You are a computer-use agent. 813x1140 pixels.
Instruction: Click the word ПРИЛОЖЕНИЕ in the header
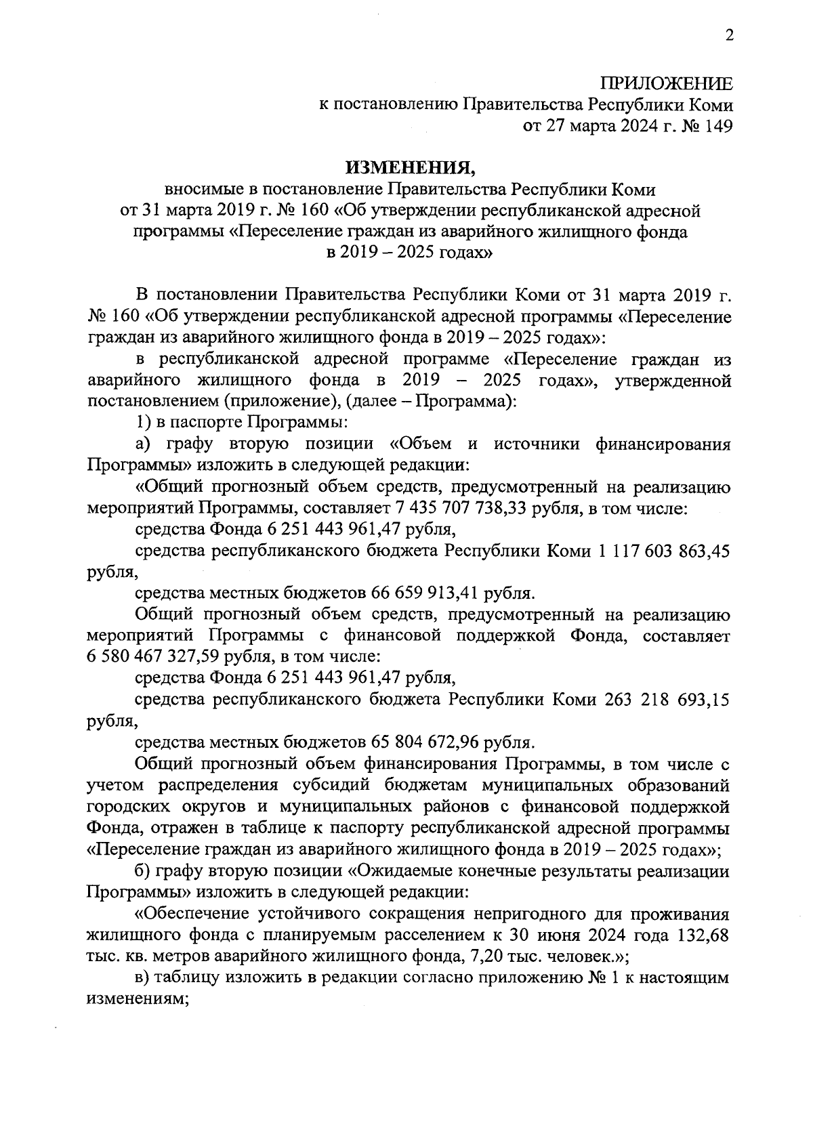667,84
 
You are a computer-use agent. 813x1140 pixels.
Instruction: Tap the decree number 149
718,126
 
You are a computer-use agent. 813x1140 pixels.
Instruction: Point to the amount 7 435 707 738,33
463,508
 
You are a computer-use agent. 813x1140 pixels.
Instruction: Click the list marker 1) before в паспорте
142,423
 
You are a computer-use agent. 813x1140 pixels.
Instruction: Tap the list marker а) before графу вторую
142,444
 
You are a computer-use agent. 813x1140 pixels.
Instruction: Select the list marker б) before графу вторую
143,872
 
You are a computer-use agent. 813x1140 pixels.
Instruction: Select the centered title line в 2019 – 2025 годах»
406,254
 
